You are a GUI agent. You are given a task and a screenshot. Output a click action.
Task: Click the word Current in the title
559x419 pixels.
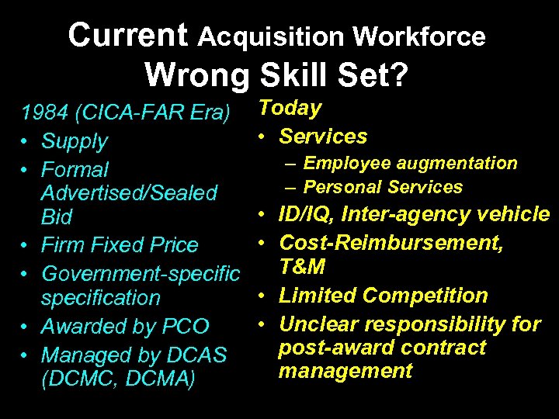point(128,35)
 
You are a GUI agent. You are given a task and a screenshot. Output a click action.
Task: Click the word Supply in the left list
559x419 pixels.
point(75,141)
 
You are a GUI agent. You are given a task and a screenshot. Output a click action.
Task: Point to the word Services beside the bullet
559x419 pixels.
point(323,137)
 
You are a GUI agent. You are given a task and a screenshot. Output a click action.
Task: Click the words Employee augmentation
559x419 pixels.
point(410,163)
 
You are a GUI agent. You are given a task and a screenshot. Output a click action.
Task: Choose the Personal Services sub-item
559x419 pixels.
point(383,187)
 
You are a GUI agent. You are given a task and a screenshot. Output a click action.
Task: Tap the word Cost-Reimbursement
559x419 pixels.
point(391,243)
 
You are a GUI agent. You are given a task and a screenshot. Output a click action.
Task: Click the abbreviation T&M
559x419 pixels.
point(303,268)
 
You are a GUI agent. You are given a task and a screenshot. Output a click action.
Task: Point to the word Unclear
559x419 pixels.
point(319,323)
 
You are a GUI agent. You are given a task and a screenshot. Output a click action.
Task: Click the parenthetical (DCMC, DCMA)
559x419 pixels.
point(118,380)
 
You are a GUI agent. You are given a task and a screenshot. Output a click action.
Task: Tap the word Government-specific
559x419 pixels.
point(141,273)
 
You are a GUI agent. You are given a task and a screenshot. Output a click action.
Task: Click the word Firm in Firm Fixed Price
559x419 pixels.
point(61,245)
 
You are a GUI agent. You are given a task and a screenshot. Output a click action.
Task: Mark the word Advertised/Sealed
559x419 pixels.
point(129,192)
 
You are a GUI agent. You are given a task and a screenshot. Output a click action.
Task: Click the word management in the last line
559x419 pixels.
point(345,371)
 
